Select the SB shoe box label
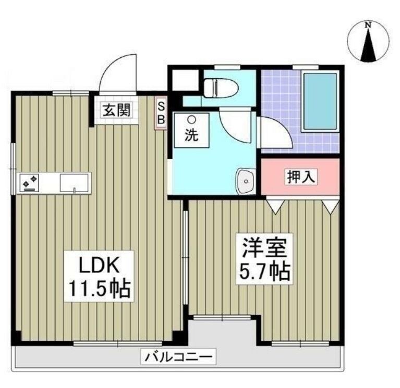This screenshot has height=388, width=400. tap(161, 112)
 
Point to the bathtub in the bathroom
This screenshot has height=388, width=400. tap(319, 101)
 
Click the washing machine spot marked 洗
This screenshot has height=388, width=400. tap(191, 130)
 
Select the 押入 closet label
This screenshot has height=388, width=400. tap(300, 177)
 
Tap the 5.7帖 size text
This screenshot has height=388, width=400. tap(263, 271)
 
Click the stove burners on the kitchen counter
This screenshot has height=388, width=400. tap(29, 182)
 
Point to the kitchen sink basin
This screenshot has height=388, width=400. tap(74, 183)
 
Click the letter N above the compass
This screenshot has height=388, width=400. tap(369, 25)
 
